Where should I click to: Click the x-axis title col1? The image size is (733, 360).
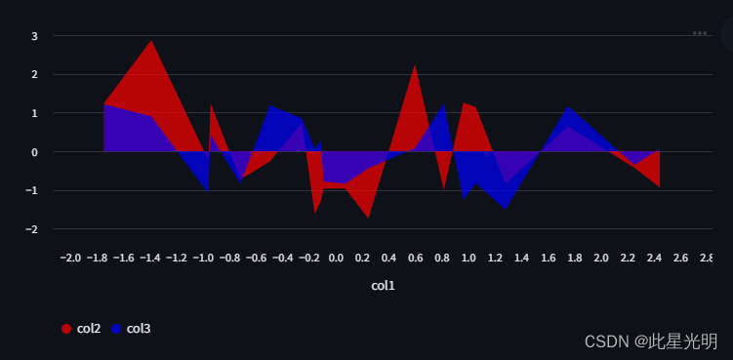[x=383, y=286]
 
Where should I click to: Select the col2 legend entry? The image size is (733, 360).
[x=89, y=329]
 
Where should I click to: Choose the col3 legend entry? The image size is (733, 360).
[x=139, y=329]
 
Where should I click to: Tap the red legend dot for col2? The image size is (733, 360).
[x=66, y=329]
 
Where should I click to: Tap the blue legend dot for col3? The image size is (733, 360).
[x=116, y=329]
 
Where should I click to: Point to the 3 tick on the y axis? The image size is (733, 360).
[x=34, y=36]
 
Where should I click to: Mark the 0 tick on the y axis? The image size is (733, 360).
[x=34, y=152]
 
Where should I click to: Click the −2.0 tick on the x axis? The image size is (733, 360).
[x=70, y=258]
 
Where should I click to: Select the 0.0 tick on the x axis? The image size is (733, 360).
[x=336, y=258]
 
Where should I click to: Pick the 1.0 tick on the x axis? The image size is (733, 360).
[x=468, y=258]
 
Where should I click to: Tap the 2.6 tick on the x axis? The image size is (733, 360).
[x=680, y=258]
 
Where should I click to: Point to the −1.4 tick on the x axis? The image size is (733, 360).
[x=149, y=258]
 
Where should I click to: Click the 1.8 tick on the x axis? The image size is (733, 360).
[x=574, y=258]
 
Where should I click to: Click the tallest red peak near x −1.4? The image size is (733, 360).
[x=150, y=41]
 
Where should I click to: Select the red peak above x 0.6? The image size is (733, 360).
[x=415, y=65]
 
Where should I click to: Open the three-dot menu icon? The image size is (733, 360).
[x=700, y=33]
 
